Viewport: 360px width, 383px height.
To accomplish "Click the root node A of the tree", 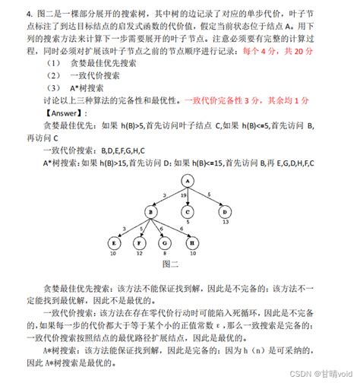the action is pyautogui.click(x=186, y=180).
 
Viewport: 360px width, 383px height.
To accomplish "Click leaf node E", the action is pyautogui.click(x=115, y=243).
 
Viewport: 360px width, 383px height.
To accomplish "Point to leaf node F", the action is pyautogui.click(x=139, y=243).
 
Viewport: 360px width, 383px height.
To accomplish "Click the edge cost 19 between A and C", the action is pyautogui.click(x=183, y=195).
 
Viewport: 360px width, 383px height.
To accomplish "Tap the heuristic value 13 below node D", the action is pyautogui.click(x=226, y=223).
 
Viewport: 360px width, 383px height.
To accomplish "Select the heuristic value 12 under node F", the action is pyautogui.click(x=139, y=255).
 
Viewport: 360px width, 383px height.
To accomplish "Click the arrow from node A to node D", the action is pyautogui.click(x=208, y=196).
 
